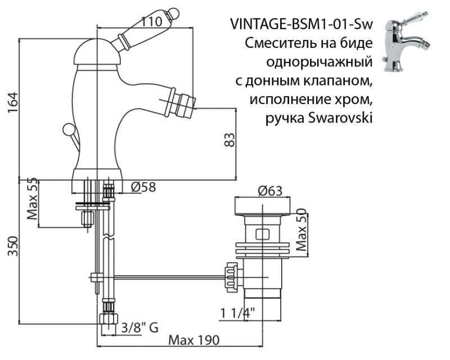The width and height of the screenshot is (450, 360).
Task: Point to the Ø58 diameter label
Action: tap(143, 188)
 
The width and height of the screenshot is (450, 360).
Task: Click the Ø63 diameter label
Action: tap(270, 191)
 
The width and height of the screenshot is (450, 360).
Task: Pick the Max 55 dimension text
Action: tap(33, 200)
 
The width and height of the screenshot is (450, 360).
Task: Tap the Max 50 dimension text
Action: tap(301, 231)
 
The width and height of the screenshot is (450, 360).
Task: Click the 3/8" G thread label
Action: tap(139, 325)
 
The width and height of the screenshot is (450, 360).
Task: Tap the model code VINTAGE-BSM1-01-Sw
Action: tap(301, 25)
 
